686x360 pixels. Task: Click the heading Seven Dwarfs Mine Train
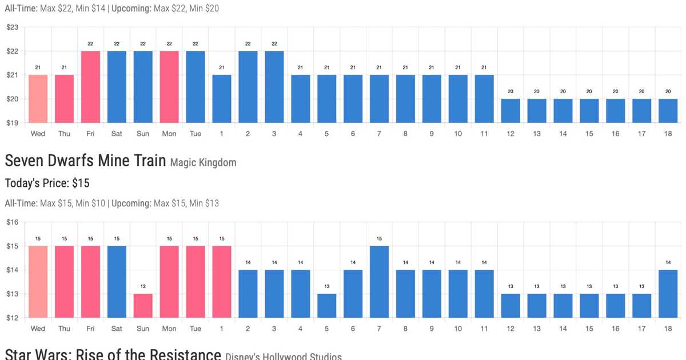[86, 162]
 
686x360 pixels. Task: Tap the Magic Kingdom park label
[203, 163]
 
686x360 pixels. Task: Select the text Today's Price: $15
[47, 183]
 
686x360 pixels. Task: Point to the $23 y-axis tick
[13, 27]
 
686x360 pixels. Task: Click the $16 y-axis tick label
[13, 222]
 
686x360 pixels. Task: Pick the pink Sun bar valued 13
[143, 306]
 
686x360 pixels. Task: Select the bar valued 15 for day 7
[380, 282]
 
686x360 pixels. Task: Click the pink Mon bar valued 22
[169, 87]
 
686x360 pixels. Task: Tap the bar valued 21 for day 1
[222, 99]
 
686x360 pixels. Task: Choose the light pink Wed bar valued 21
[38, 99]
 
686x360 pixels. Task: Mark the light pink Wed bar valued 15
[38, 282]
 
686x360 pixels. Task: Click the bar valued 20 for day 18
[668, 111]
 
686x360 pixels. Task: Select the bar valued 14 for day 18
[668, 294]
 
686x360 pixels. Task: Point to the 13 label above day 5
[327, 286]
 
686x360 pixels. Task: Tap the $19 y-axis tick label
[13, 123]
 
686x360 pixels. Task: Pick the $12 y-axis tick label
[13, 318]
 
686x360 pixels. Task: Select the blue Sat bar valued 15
[117, 282]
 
